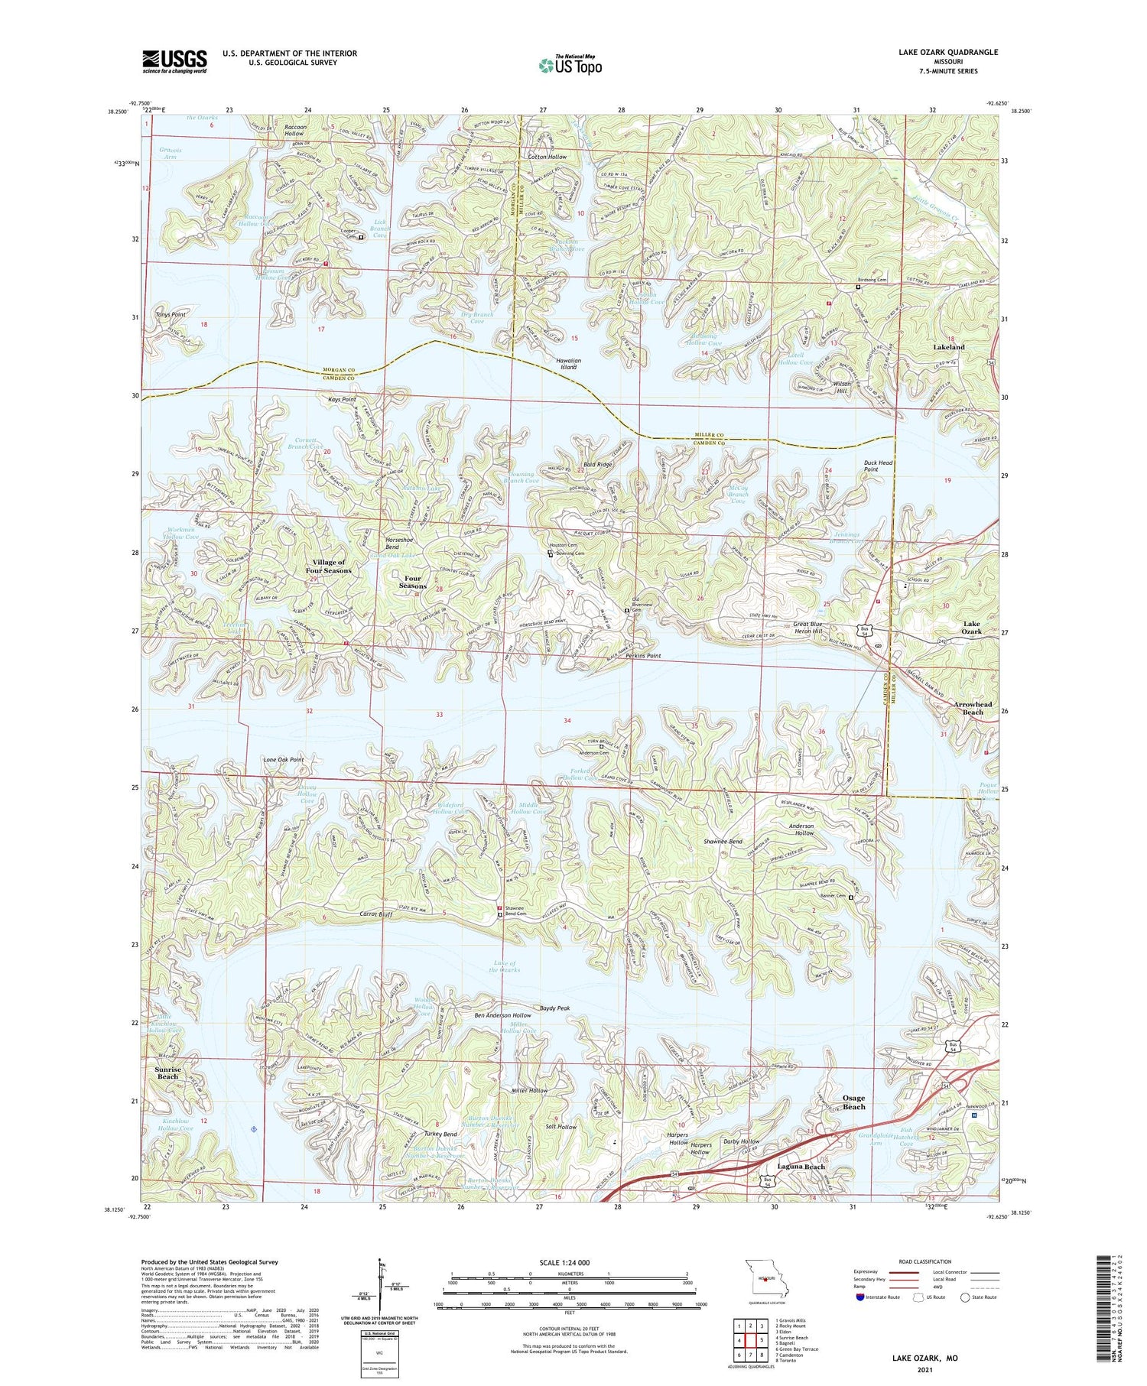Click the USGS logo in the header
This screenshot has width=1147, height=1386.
point(174,61)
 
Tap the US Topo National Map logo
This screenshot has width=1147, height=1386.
point(570,65)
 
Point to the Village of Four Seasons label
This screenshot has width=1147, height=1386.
point(328,566)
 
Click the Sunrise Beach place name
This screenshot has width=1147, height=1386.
point(167,1073)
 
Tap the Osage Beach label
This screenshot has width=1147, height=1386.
point(853,1102)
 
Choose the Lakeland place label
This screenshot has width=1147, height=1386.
point(948,347)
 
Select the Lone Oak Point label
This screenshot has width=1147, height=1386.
point(284,760)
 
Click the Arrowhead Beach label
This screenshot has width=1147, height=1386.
point(973,708)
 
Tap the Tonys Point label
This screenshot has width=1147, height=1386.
point(171,314)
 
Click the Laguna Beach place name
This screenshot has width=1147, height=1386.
point(801,1167)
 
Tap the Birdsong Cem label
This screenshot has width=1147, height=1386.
point(871,280)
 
